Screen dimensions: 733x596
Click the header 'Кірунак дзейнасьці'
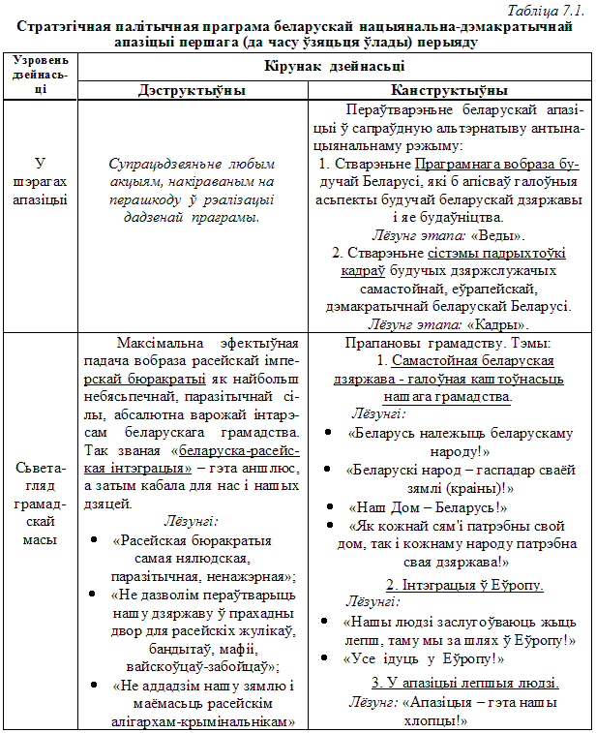click(335, 67)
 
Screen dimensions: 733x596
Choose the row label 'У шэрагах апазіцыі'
click(40, 180)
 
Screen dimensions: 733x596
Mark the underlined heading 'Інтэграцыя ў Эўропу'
click(464, 586)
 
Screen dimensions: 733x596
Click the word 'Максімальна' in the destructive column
click(155, 344)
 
